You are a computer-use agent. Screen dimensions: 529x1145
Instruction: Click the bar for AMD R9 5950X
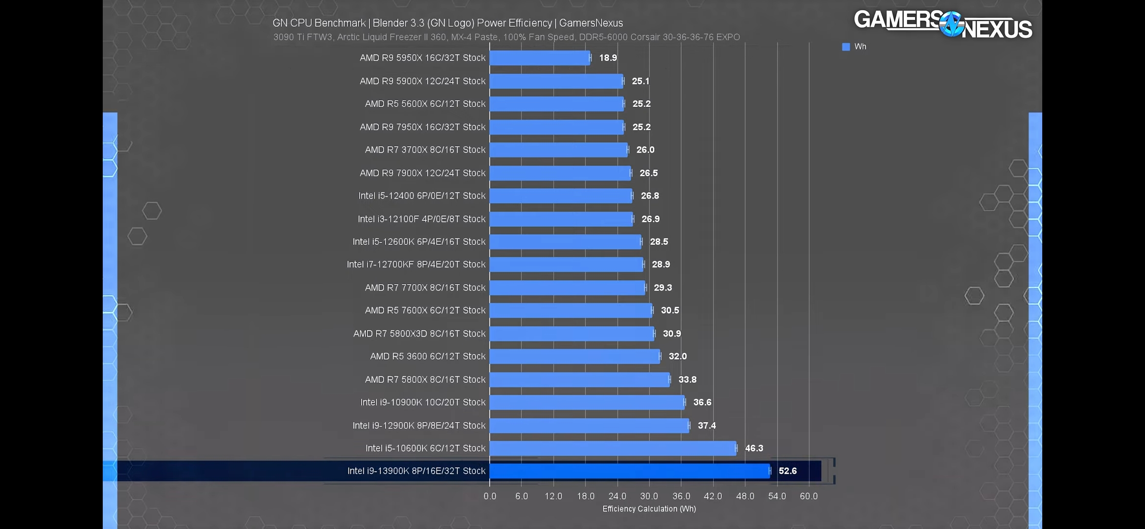[x=540, y=58]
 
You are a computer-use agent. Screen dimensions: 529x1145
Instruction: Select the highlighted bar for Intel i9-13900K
[x=629, y=471]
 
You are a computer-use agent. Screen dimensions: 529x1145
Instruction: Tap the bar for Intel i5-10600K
[x=613, y=448]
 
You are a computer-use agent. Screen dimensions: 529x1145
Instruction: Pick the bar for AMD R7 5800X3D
[x=572, y=334]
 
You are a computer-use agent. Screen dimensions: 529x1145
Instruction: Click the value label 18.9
[x=608, y=58]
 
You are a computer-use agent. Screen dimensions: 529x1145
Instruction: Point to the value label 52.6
[x=787, y=471]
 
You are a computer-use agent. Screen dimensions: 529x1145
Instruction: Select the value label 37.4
[x=707, y=425]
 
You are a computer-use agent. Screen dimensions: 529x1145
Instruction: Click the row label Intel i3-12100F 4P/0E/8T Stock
[x=421, y=219]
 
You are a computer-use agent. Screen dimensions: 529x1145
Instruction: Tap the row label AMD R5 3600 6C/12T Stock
[x=428, y=356]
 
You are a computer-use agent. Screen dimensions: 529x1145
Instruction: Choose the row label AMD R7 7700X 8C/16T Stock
[x=425, y=288]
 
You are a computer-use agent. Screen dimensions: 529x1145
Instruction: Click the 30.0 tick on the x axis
[x=649, y=496]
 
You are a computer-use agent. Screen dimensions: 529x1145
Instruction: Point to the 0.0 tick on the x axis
[x=490, y=496]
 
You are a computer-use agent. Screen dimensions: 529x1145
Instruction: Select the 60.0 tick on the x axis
[x=808, y=496]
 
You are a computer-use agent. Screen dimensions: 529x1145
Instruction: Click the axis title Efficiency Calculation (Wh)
[x=649, y=509]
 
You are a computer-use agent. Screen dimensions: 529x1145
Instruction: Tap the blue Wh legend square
[x=846, y=47]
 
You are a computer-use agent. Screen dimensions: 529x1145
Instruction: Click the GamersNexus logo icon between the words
[x=951, y=24]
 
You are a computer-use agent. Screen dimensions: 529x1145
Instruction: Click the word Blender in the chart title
[x=390, y=23]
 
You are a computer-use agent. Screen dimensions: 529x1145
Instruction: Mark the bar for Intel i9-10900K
[x=587, y=402]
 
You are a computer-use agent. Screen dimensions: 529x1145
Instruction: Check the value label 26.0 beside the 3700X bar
[x=645, y=150]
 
